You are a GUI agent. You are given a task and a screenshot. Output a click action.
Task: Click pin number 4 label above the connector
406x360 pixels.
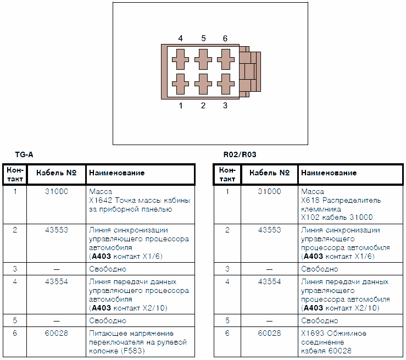[x=181, y=38]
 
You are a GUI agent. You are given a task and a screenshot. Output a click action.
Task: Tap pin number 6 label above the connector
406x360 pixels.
[x=225, y=38]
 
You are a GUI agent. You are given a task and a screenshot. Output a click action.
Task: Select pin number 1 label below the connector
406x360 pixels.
[x=181, y=106]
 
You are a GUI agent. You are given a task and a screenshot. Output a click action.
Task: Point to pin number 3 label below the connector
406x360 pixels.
[x=225, y=106]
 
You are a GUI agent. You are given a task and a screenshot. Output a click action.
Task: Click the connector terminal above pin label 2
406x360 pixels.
[x=203, y=84]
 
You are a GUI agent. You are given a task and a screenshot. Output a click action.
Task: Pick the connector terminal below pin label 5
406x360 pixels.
[x=203, y=58]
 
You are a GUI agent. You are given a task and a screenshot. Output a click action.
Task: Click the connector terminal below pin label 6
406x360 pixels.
[x=225, y=58]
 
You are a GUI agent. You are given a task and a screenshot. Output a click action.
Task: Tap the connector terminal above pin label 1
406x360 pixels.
[x=180, y=84]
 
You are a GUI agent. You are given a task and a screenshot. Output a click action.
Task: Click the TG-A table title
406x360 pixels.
[x=24, y=156]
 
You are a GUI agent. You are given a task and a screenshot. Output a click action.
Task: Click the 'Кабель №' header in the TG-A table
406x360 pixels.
[x=56, y=173]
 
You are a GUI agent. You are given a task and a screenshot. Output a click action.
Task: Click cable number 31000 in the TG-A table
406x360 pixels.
[x=56, y=192]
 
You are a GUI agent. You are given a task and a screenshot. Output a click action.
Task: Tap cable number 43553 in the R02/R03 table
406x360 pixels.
[x=269, y=230]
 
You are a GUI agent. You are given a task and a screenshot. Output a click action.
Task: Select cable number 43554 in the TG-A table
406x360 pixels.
[x=56, y=282]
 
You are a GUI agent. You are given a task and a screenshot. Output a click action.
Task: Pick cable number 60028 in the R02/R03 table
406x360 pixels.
[x=269, y=333]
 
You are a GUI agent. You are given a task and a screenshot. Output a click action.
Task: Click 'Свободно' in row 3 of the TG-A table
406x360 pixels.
[x=108, y=269]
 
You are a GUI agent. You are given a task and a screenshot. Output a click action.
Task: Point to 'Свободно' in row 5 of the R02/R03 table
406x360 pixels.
[x=320, y=320]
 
